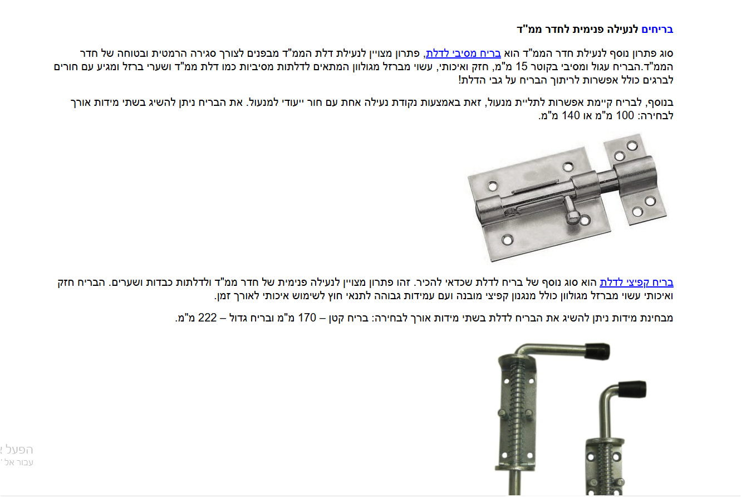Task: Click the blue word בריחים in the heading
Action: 657,29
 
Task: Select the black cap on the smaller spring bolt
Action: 633,388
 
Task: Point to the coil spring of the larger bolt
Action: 515,401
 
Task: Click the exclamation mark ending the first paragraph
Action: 460,80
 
